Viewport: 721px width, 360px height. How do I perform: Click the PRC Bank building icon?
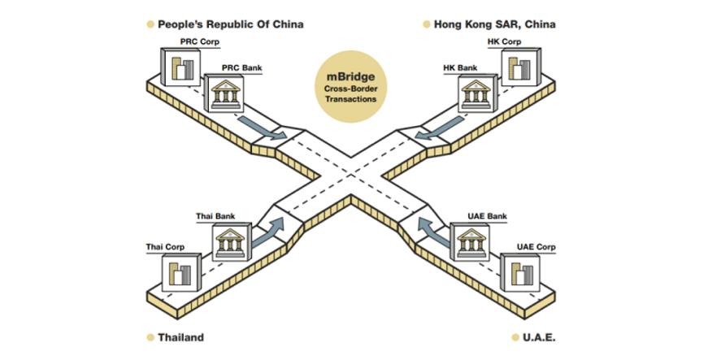pyautogui.click(x=227, y=95)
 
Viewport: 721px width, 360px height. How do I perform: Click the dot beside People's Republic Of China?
pyautogui.click(x=150, y=24)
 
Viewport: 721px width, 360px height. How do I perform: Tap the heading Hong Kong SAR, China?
pyautogui.click(x=494, y=24)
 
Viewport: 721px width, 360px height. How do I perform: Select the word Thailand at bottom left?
pyautogui.click(x=180, y=337)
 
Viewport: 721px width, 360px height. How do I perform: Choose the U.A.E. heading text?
pyautogui.click(x=537, y=337)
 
